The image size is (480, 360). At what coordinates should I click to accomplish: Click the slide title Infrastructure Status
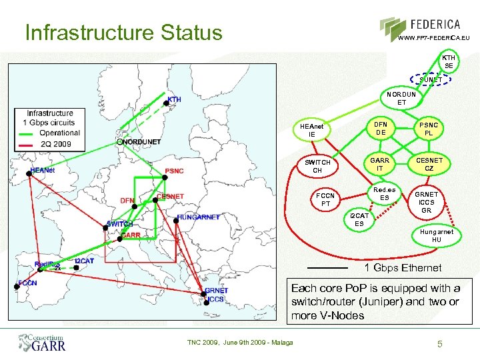(123, 33)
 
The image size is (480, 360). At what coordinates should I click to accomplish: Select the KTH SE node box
(449, 61)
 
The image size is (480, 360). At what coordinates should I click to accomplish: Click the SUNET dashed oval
(430, 80)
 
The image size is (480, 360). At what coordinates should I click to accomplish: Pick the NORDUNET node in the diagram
(401, 99)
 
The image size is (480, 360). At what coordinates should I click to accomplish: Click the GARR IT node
(380, 164)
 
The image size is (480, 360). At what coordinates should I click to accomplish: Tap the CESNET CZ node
(429, 164)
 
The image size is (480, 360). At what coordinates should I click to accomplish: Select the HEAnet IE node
(312, 130)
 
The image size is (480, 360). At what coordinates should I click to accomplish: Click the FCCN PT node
(326, 199)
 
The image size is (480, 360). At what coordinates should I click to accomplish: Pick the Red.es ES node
(385, 193)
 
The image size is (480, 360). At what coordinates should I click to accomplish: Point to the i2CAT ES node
(359, 219)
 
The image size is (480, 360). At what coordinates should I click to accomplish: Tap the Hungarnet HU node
(436, 235)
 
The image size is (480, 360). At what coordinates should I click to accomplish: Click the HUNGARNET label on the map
(199, 217)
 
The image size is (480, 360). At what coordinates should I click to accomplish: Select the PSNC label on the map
(174, 171)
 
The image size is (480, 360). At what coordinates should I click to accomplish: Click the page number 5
(439, 344)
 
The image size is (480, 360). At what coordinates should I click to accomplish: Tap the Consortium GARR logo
(41, 343)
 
